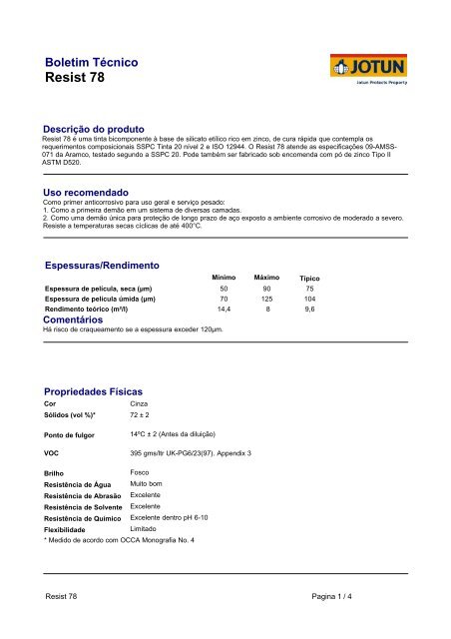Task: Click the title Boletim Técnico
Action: click(x=92, y=62)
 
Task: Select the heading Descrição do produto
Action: click(x=94, y=130)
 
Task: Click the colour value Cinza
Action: click(x=141, y=403)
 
